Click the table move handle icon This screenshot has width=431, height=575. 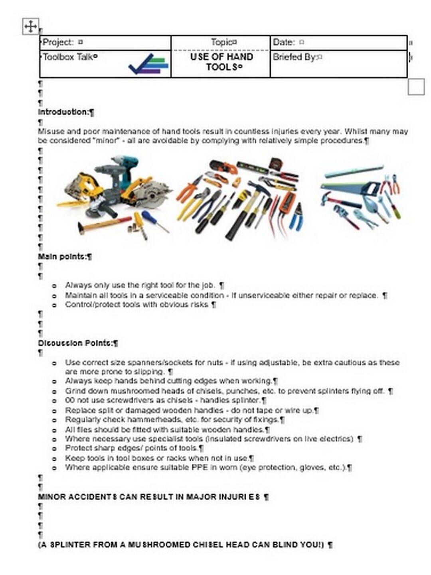click(31, 26)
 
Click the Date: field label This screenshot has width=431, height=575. click(284, 42)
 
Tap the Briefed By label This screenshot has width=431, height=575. click(295, 57)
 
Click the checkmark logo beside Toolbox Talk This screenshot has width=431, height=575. click(148, 64)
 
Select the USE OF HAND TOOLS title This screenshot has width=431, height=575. click(221, 62)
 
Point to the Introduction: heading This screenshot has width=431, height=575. click(63, 112)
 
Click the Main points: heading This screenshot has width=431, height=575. click(62, 256)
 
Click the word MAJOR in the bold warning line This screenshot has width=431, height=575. click(202, 497)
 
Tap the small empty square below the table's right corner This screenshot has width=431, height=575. click(416, 87)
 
